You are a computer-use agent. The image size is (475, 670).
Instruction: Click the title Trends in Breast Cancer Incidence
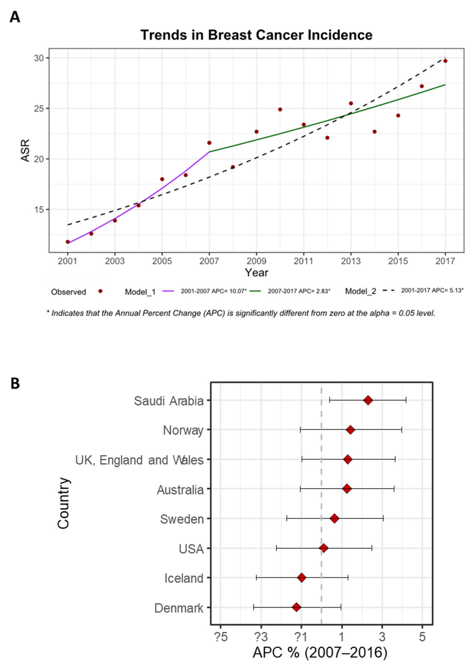[x=256, y=35]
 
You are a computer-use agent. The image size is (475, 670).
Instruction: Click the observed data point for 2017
[x=445, y=61]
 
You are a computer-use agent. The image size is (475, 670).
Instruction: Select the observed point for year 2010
[x=280, y=109]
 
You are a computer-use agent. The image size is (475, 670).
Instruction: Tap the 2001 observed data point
[x=67, y=242]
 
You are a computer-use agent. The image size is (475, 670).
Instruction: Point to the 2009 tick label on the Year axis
[x=256, y=261]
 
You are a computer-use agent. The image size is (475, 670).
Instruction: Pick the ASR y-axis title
[x=26, y=150]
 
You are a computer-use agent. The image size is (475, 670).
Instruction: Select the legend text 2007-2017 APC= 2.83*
[x=299, y=291]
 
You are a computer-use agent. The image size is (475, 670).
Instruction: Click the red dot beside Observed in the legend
[x=100, y=291]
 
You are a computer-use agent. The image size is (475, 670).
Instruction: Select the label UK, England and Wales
[x=139, y=460]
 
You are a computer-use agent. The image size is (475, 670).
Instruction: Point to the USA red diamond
[x=324, y=548]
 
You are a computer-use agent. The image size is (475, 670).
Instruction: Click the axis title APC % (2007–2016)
[x=320, y=653]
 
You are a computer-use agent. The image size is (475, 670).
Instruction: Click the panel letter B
[x=15, y=383]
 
